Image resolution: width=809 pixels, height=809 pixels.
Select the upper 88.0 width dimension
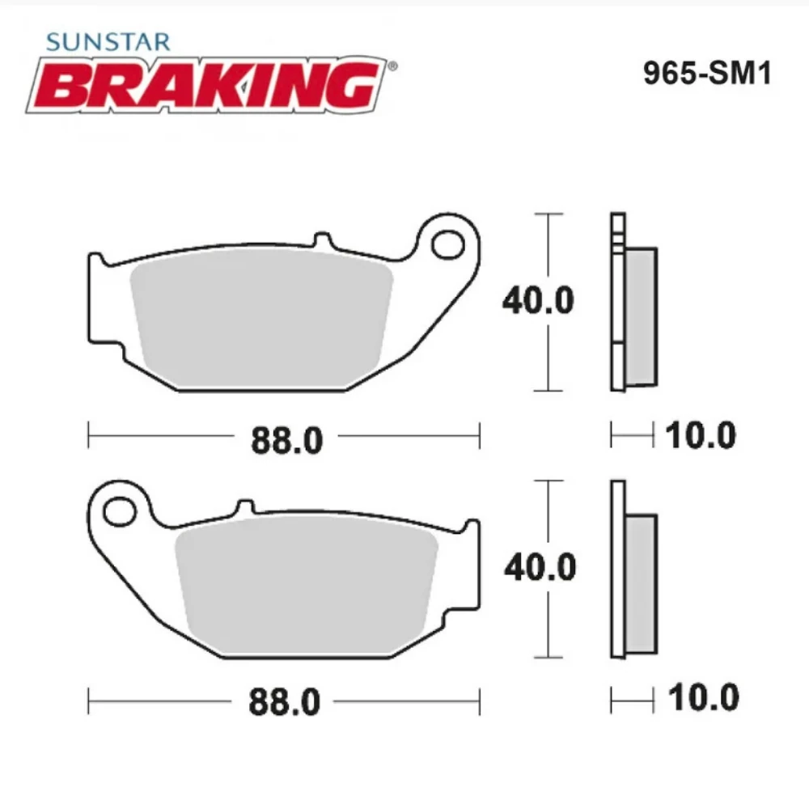286,441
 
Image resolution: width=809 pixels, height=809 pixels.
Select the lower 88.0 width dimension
286,702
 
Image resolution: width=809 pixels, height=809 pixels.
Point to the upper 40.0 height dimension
538,302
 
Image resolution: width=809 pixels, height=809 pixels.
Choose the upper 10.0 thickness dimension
701,436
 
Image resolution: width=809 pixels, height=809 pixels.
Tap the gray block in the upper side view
642,316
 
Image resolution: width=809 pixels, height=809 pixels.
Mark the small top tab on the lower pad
244,508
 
